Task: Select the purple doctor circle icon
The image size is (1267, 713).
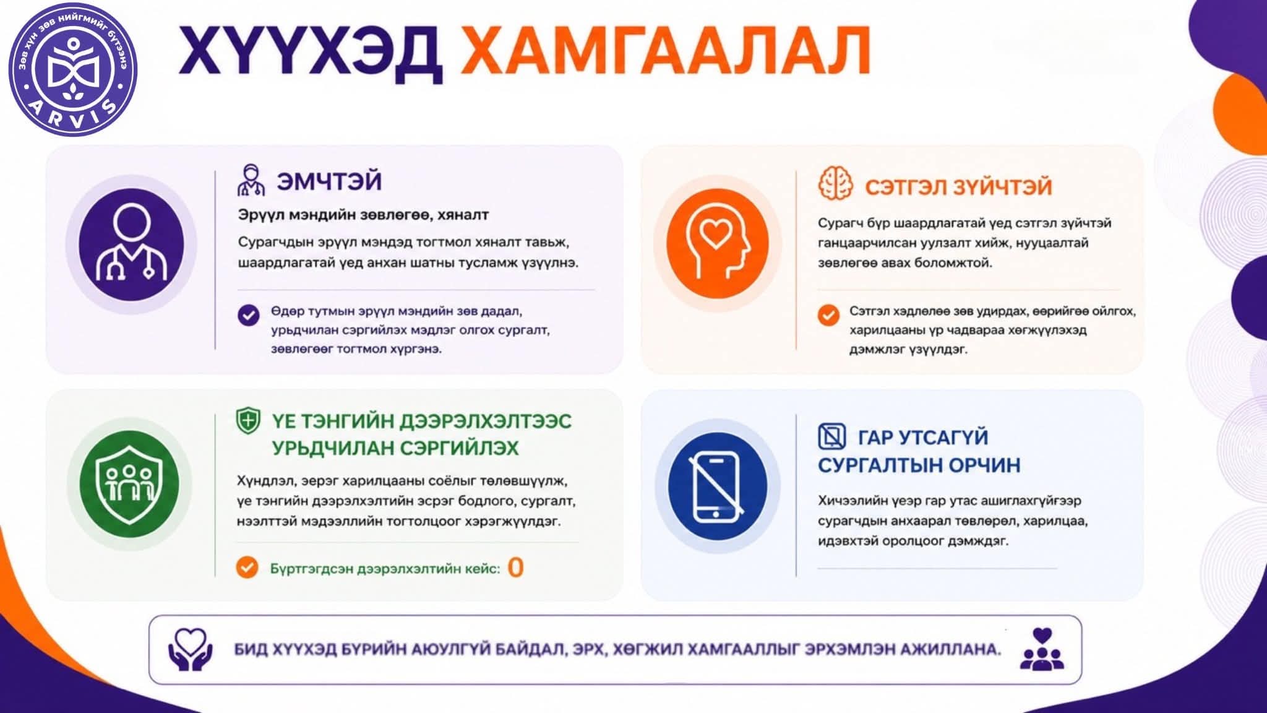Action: pyautogui.click(x=131, y=244)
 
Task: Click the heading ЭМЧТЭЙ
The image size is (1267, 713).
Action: pyautogui.click(x=329, y=181)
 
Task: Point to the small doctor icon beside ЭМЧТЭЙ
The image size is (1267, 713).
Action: pyautogui.click(x=251, y=180)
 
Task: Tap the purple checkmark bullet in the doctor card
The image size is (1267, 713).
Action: pyautogui.click(x=249, y=315)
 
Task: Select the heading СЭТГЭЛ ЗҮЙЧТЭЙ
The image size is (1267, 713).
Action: pyautogui.click(x=958, y=186)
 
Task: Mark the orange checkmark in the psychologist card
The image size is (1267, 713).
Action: pyautogui.click(x=828, y=315)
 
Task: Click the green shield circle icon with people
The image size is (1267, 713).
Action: pyautogui.click(x=129, y=483)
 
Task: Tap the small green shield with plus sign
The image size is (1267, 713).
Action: pyautogui.click(x=248, y=421)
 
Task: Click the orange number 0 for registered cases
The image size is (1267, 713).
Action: pyautogui.click(x=515, y=568)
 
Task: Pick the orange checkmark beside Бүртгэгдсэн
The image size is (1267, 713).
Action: pyautogui.click(x=247, y=567)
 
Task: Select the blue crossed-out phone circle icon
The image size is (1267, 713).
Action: pyautogui.click(x=718, y=486)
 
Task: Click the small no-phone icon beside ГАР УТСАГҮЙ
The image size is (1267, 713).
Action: pyautogui.click(x=831, y=436)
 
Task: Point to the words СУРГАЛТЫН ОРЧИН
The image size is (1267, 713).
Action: pyautogui.click(x=919, y=465)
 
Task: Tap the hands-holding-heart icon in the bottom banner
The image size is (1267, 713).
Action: pyautogui.click(x=191, y=650)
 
